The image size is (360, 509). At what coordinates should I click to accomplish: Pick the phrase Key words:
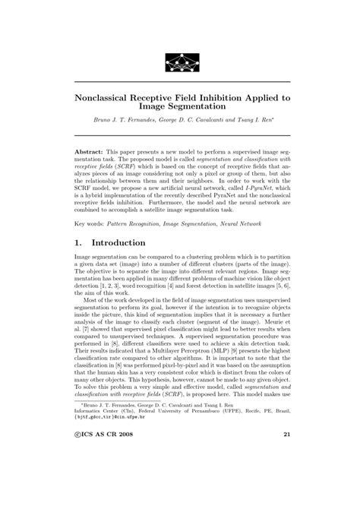pyautogui.click(x=90, y=225)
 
